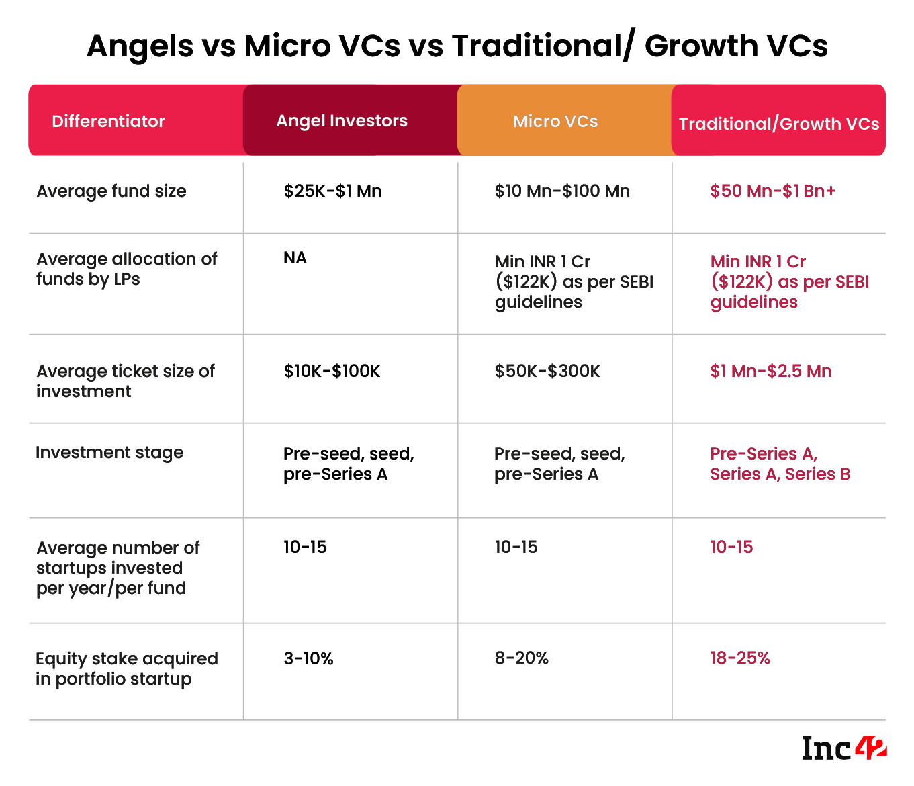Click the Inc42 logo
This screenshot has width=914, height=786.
(844, 748)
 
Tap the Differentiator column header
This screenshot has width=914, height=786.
(108, 121)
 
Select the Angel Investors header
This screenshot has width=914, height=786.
(342, 120)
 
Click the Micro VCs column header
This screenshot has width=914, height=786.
(555, 121)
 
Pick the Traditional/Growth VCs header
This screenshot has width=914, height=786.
(779, 124)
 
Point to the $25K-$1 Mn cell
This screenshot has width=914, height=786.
(332, 191)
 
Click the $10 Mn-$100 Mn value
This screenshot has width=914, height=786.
(562, 191)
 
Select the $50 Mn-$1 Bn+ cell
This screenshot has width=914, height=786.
(773, 191)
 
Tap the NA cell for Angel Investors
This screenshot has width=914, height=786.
(295, 258)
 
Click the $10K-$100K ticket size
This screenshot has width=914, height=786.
(332, 371)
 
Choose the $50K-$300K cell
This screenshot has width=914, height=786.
(547, 371)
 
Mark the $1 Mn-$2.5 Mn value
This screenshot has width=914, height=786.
(771, 371)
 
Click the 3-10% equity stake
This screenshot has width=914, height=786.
(308, 658)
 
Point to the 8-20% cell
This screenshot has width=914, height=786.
(521, 658)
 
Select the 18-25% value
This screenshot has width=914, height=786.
(740, 658)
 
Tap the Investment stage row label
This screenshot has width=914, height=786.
(109, 452)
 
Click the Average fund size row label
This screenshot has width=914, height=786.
(111, 191)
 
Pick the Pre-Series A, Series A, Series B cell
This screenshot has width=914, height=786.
(780, 464)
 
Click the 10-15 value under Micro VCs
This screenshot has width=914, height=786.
(516, 547)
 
